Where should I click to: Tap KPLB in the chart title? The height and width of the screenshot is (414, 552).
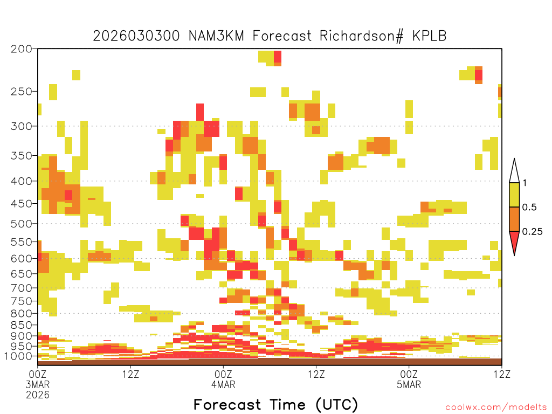[430, 36]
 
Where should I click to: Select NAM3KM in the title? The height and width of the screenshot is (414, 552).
[217, 36]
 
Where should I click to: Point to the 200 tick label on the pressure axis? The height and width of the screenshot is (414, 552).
[22, 49]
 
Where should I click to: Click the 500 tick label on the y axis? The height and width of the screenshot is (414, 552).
[22, 224]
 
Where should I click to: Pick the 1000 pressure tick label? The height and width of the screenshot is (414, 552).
[18, 356]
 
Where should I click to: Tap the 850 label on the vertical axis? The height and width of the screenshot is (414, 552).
[22, 325]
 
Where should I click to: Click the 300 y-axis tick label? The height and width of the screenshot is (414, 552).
[22, 126]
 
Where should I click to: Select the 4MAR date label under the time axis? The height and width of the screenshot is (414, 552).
[223, 384]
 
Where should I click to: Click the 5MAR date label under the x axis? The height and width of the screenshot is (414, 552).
[409, 384]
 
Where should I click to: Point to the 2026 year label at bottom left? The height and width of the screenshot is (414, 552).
[38, 395]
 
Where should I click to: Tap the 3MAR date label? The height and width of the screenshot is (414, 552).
[38, 384]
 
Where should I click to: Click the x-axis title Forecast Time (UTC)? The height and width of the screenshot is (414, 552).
[275, 405]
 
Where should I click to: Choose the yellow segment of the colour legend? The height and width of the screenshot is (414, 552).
[514, 195]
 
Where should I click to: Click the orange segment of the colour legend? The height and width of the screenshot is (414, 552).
[514, 219]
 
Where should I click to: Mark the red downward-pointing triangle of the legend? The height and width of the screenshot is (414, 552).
[514, 241]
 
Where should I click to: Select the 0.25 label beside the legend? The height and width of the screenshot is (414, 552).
[532, 232]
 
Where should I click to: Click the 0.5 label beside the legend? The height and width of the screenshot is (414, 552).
[529, 208]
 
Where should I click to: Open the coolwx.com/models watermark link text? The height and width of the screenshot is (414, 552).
[496, 408]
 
